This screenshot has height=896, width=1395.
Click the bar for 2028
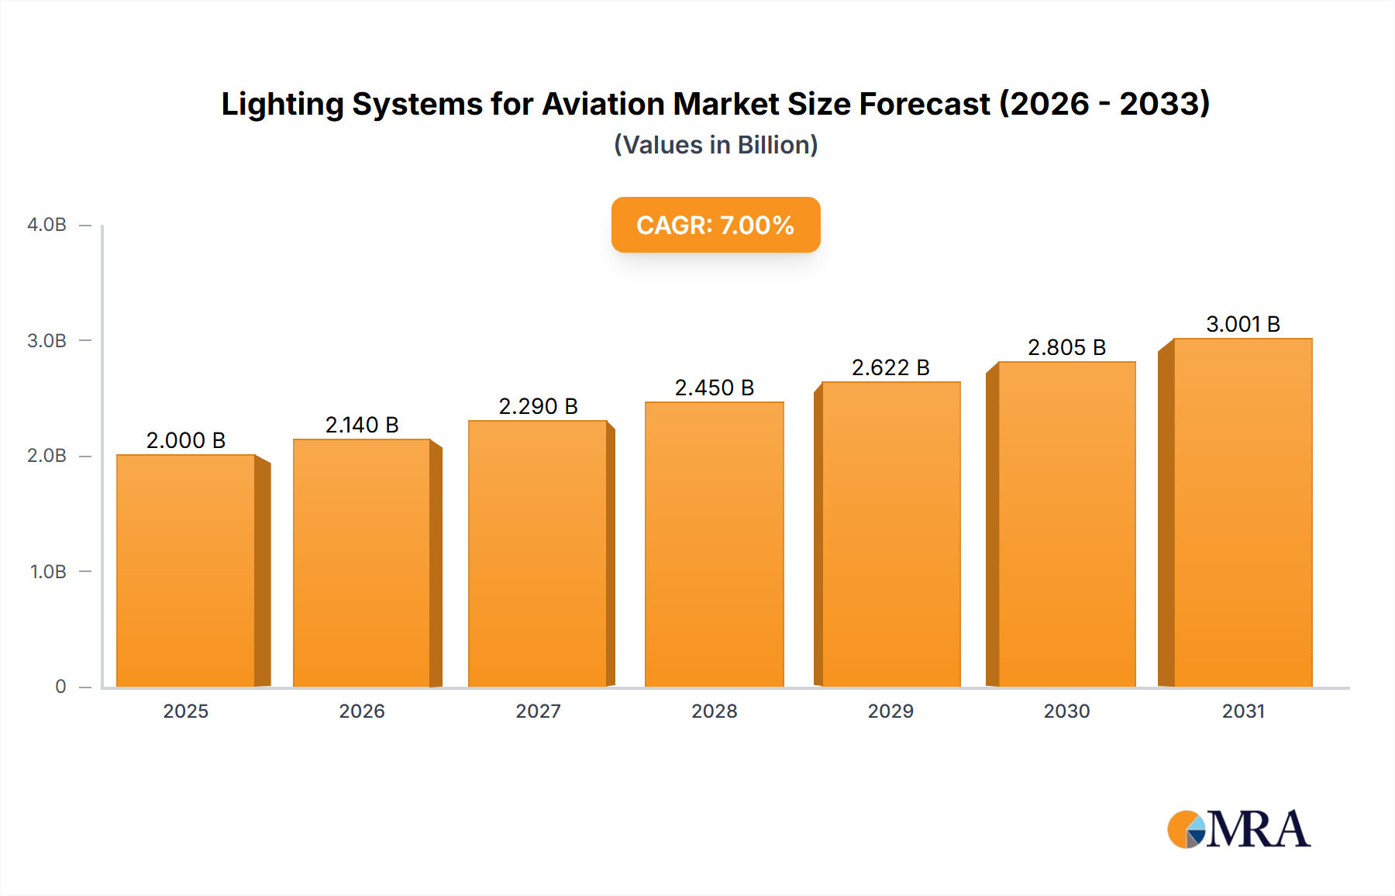pyautogui.click(x=714, y=544)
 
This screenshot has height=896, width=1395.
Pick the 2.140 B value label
pyautogui.click(x=362, y=425)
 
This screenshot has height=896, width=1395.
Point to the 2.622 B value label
pyautogui.click(x=890, y=367)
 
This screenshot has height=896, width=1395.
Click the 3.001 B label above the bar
pyautogui.click(x=1243, y=324)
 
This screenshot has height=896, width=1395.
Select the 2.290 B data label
pyautogui.click(x=538, y=406)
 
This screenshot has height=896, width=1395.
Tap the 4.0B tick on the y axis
pyautogui.click(x=46, y=225)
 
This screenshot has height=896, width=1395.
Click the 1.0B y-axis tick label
pyautogui.click(x=48, y=572)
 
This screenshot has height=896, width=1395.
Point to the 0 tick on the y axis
pyautogui.click(x=60, y=687)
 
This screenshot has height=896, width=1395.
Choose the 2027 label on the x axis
pyautogui.click(x=538, y=711)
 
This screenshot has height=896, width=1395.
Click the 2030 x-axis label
pyautogui.click(x=1066, y=711)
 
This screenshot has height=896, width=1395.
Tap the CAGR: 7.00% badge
pyautogui.click(x=715, y=225)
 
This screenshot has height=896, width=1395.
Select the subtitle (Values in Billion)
pyautogui.click(x=715, y=145)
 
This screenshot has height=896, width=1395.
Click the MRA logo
pyautogui.click(x=1238, y=829)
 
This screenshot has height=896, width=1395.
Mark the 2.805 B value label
pyautogui.click(x=1066, y=347)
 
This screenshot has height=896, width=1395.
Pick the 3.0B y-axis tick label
pyautogui.click(x=46, y=341)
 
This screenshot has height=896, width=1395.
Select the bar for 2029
pyautogui.click(x=890, y=534)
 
